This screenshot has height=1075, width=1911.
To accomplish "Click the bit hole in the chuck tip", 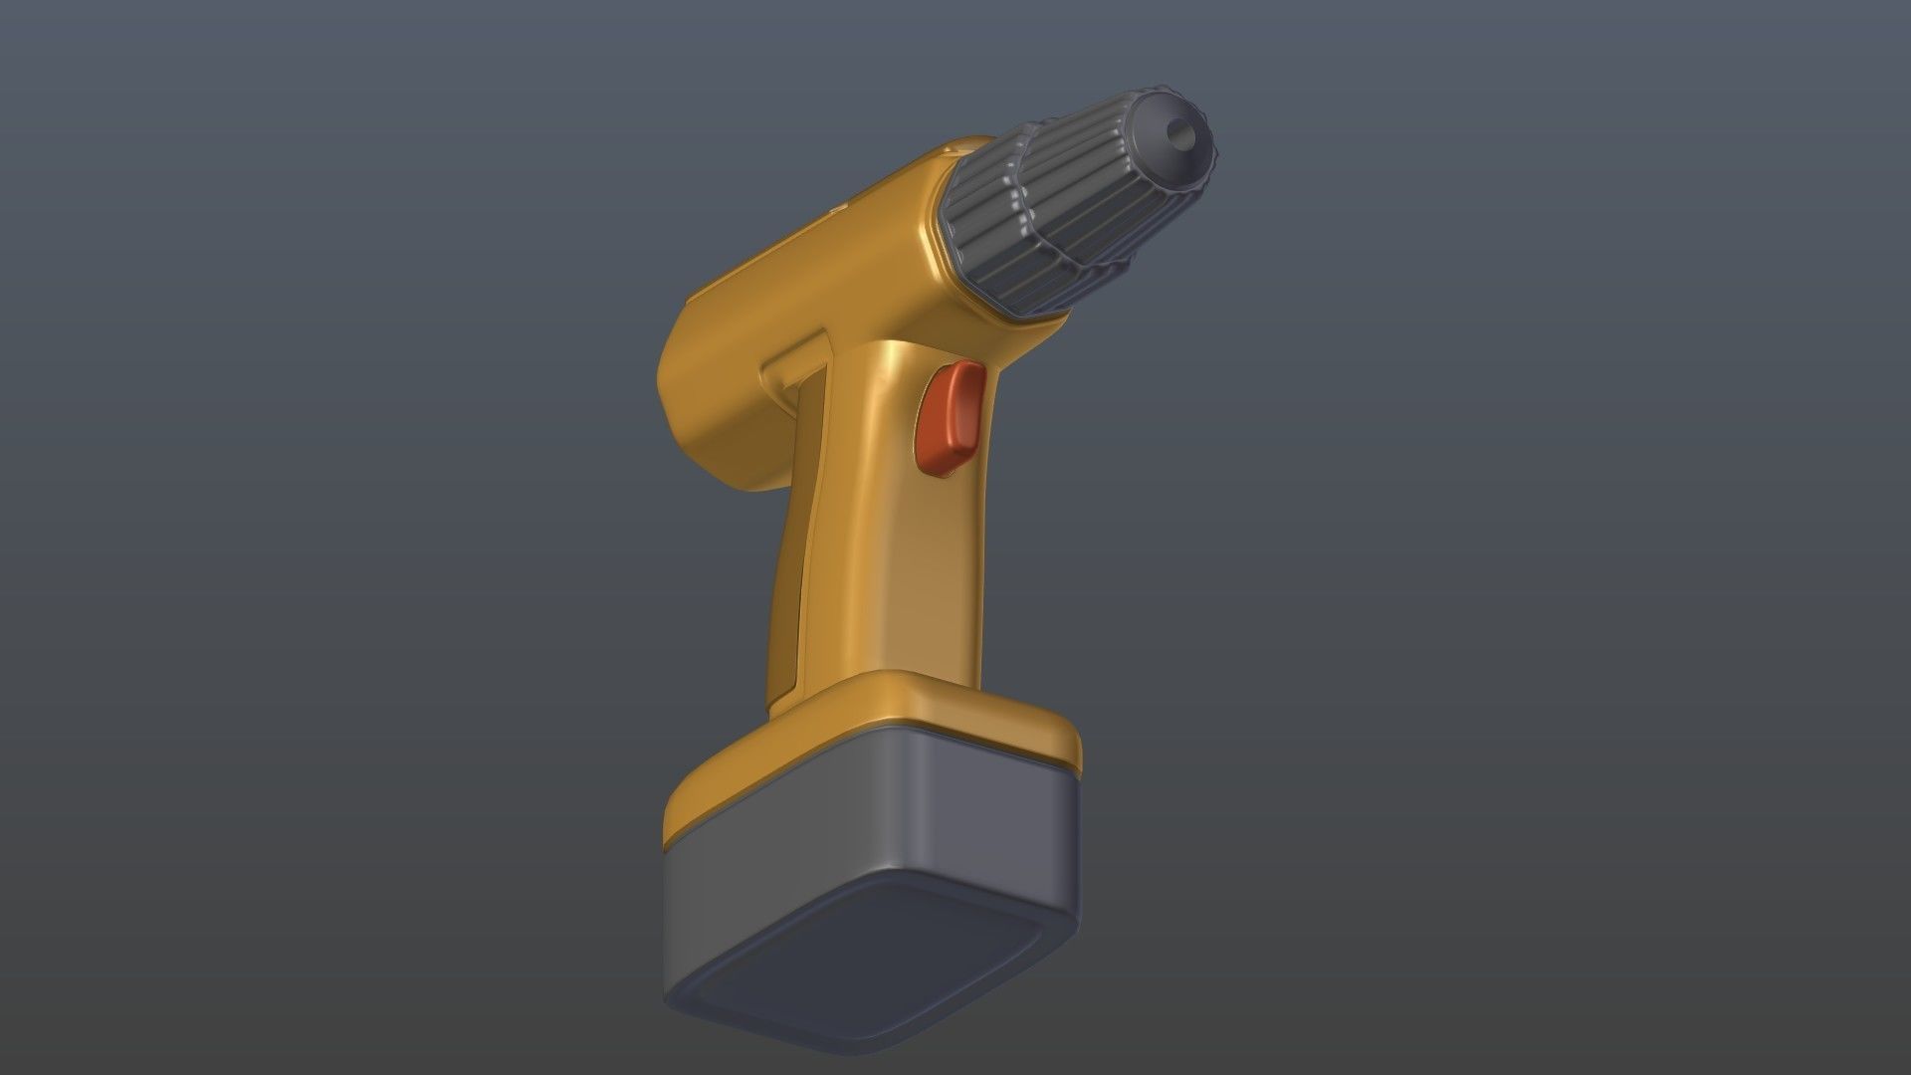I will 1179,131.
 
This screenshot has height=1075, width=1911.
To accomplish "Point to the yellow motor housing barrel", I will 816,269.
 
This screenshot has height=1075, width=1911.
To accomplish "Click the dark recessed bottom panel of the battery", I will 866,956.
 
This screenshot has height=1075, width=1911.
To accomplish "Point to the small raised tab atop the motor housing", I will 838,211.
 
